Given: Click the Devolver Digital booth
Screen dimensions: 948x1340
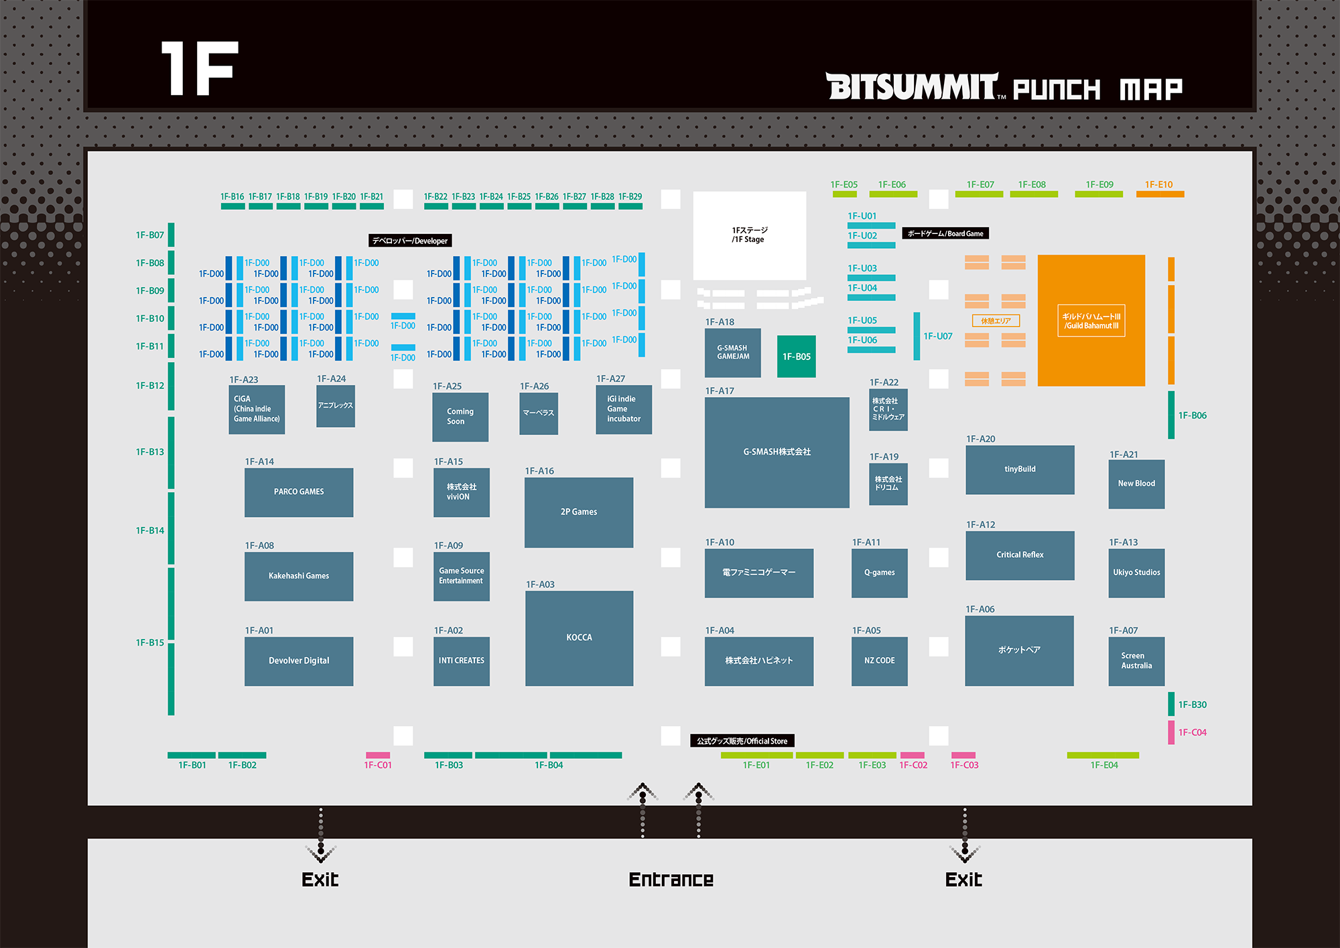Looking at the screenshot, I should [x=299, y=661].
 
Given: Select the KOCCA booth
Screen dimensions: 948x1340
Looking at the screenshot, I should [x=579, y=638].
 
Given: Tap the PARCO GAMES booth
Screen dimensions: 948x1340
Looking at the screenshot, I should [x=299, y=492].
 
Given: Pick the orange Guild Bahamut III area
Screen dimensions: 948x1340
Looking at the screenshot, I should [x=1091, y=320].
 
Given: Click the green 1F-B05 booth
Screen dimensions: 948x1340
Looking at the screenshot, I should [x=797, y=357].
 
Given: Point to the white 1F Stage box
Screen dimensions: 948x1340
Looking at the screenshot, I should [x=749, y=235].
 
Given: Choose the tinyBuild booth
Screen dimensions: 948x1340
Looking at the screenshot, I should [x=1020, y=469].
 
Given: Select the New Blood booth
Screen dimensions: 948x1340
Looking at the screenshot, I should [x=1136, y=483].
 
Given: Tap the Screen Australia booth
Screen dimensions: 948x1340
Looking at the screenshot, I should [x=1136, y=661].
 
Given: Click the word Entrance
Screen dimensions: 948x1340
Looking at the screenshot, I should [x=671, y=880].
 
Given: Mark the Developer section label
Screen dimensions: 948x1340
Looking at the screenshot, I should [x=410, y=241].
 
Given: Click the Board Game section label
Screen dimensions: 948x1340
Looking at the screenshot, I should [x=945, y=233].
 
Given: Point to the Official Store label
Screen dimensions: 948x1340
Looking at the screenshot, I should [x=742, y=741].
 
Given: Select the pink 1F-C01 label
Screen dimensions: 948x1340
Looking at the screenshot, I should [x=378, y=765].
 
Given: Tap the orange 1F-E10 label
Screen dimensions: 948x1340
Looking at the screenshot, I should [x=1158, y=184].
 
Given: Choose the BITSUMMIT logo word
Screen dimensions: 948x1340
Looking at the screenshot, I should [x=913, y=87].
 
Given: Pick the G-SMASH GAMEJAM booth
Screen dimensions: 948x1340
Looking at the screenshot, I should [x=733, y=353].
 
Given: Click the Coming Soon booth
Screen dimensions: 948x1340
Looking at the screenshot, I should [x=460, y=416].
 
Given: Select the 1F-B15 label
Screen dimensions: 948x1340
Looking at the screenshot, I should [x=150, y=642].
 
